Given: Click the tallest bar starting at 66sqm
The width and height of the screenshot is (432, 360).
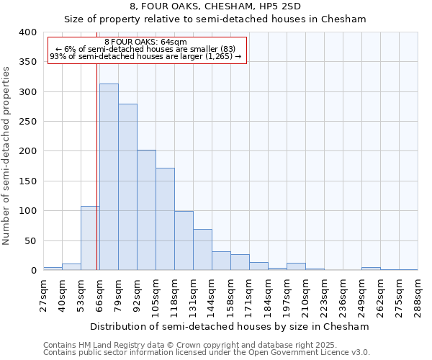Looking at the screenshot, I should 109,177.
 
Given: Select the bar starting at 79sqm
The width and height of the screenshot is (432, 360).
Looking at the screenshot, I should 127,187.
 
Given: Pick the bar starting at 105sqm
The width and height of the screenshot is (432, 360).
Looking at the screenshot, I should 165,219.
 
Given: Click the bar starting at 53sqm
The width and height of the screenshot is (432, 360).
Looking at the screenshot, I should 90,238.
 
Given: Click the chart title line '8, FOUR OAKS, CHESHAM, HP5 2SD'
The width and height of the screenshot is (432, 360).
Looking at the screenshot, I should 215,7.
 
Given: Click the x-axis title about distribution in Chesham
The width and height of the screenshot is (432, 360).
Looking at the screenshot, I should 230,326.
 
